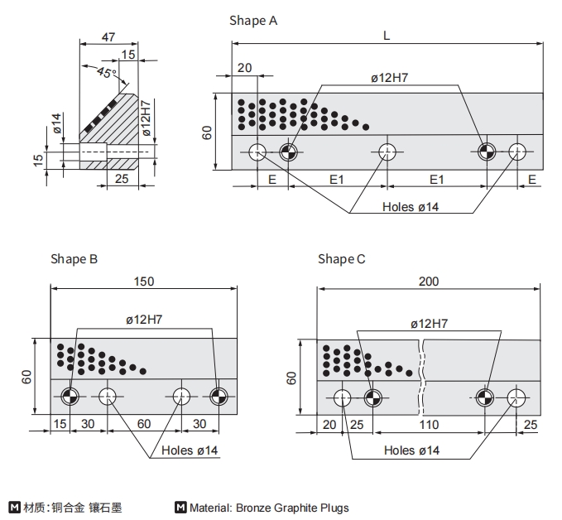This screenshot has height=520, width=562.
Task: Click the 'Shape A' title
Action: pyautogui.click(x=253, y=21)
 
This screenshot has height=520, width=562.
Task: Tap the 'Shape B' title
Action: pyautogui.click(x=74, y=259)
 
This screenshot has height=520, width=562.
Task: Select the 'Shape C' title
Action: pyautogui.click(x=341, y=259)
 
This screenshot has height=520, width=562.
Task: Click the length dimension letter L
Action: pyautogui.click(x=387, y=36)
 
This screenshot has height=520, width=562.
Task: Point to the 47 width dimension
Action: pyautogui.click(x=108, y=36)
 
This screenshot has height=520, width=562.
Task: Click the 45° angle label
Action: pyautogui.click(x=106, y=73)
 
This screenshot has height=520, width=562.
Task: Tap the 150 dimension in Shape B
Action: pyautogui.click(x=144, y=282)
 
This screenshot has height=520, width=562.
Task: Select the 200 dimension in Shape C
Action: pyautogui.click(x=429, y=282)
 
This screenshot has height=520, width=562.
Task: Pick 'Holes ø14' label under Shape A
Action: pyautogui.click(x=411, y=207)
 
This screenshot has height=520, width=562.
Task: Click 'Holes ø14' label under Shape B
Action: pyautogui.click(x=190, y=450)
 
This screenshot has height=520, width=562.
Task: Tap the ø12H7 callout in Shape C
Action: pyautogui.click(x=430, y=323)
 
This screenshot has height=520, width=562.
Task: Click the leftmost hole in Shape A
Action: pyautogui.click(x=257, y=151)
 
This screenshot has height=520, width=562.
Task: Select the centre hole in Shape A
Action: pyautogui.click(x=387, y=151)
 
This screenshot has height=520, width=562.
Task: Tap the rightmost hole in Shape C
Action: pyautogui.click(x=516, y=397)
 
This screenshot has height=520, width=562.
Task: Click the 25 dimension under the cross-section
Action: pyautogui.click(x=122, y=178)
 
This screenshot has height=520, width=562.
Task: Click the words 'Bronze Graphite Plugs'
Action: pyautogui.click(x=292, y=508)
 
